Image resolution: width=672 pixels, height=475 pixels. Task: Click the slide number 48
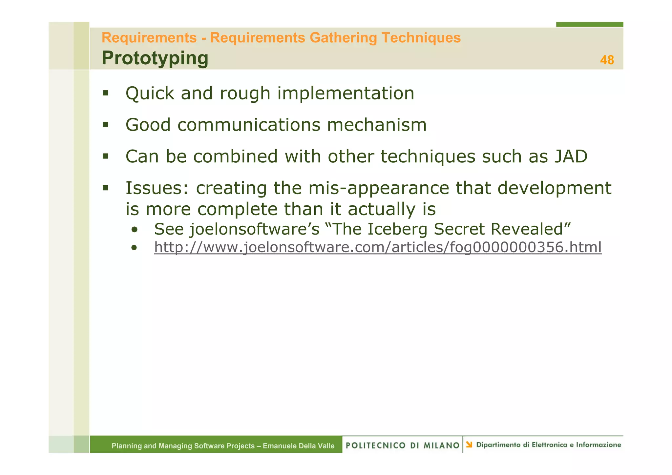tap(607, 60)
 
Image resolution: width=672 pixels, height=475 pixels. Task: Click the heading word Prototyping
tap(155, 58)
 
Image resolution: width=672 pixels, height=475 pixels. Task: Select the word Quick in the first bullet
tap(150, 93)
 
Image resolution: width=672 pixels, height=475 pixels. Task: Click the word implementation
tap(346, 93)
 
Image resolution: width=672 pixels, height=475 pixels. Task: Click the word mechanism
tap(377, 125)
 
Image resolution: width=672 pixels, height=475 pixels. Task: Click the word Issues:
tap(157, 188)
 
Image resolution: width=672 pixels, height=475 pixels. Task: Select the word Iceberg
tap(397, 229)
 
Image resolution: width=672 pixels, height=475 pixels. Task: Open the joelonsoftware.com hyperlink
tap(377, 247)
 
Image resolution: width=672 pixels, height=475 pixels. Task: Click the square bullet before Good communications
tap(105, 125)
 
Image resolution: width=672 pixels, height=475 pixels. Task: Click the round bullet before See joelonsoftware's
tap(134, 230)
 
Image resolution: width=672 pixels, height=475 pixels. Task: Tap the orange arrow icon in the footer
tap(469, 444)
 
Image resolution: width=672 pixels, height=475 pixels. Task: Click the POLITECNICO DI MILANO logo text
tap(402, 445)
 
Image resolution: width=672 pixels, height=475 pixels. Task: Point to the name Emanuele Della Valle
tap(298, 446)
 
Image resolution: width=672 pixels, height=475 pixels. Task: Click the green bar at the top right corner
tap(589, 24)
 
